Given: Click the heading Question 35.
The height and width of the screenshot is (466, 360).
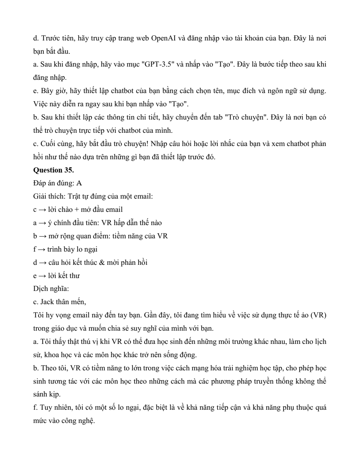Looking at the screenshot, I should tap(53, 170).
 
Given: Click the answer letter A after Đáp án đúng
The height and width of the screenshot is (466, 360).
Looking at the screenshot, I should tap(79, 183).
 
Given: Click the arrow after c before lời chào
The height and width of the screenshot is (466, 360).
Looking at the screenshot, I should tap(42, 210).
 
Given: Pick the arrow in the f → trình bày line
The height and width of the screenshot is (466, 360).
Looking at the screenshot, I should tap(42, 249).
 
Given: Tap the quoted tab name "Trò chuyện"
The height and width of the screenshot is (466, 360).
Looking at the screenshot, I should tap(245, 118).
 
